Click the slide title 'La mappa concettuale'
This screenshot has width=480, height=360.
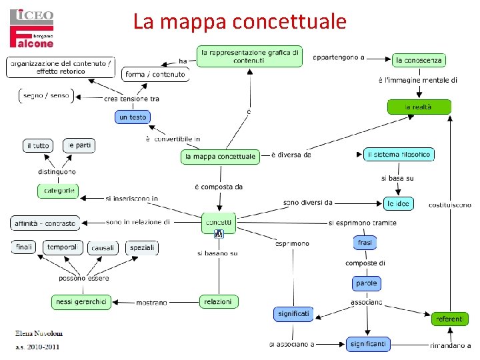point(239,21)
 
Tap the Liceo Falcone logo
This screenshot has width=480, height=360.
point(32,28)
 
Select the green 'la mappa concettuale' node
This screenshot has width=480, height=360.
point(219,157)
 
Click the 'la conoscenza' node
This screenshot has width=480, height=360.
point(418,60)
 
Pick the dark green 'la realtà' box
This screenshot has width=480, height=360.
point(419,107)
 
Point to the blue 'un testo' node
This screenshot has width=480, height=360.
point(133,117)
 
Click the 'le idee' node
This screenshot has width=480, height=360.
point(399,203)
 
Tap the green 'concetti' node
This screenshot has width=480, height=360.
point(219,222)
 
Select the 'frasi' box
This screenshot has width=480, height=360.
point(365,243)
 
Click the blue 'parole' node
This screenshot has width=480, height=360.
point(366,283)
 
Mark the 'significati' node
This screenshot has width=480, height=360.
point(293,313)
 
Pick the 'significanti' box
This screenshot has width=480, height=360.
point(367,344)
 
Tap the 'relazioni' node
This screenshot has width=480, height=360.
point(218,301)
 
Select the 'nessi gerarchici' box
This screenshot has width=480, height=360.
point(81,301)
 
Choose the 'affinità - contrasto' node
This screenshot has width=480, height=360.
point(45,222)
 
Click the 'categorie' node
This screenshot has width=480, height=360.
point(58,191)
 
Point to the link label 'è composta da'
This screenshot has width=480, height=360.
point(219,187)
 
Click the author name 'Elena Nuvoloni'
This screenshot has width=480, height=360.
point(39,334)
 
